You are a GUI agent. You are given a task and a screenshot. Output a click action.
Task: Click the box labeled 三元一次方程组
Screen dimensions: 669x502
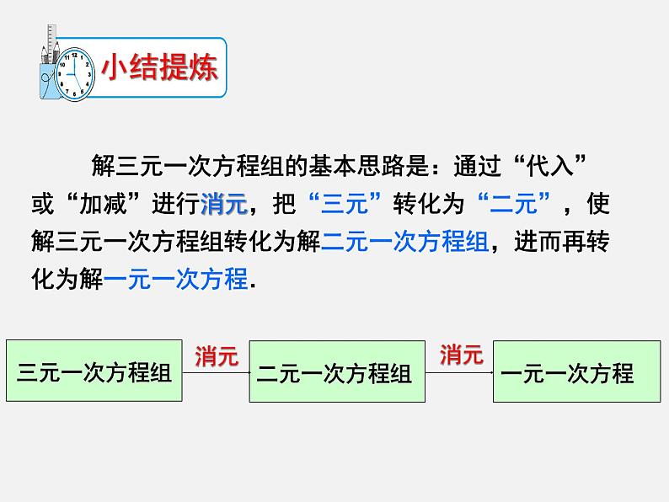click(x=94, y=371)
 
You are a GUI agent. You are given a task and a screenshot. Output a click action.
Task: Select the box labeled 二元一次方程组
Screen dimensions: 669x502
click(x=334, y=373)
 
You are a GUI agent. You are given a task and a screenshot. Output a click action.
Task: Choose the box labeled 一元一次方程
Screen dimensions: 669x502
click(x=576, y=373)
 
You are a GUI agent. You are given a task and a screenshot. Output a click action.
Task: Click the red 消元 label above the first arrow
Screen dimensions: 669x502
click(x=217, y=356)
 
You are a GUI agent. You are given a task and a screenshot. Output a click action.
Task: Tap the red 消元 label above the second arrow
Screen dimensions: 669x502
click(x=460, y=355)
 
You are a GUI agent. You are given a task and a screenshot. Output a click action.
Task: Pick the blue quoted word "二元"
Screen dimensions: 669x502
click(x=512, y=204)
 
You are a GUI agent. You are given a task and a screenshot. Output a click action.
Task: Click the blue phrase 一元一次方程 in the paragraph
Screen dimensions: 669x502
click(x=177, y=280)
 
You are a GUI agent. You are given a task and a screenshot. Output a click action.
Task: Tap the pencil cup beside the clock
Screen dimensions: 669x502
click(x=48, y=72)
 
